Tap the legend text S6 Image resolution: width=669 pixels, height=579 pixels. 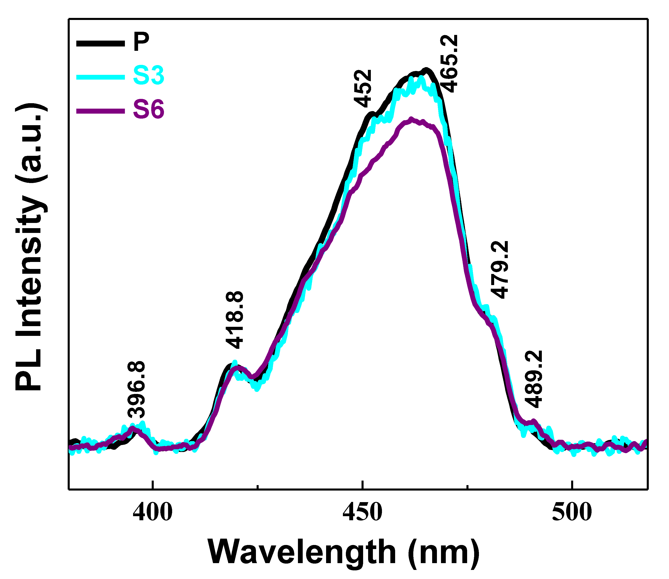click(149, 110)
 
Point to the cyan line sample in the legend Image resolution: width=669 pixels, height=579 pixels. click(101, 77)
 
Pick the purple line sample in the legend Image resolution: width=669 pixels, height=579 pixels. click(101, 111)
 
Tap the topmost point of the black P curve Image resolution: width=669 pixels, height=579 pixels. click(426, 69)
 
